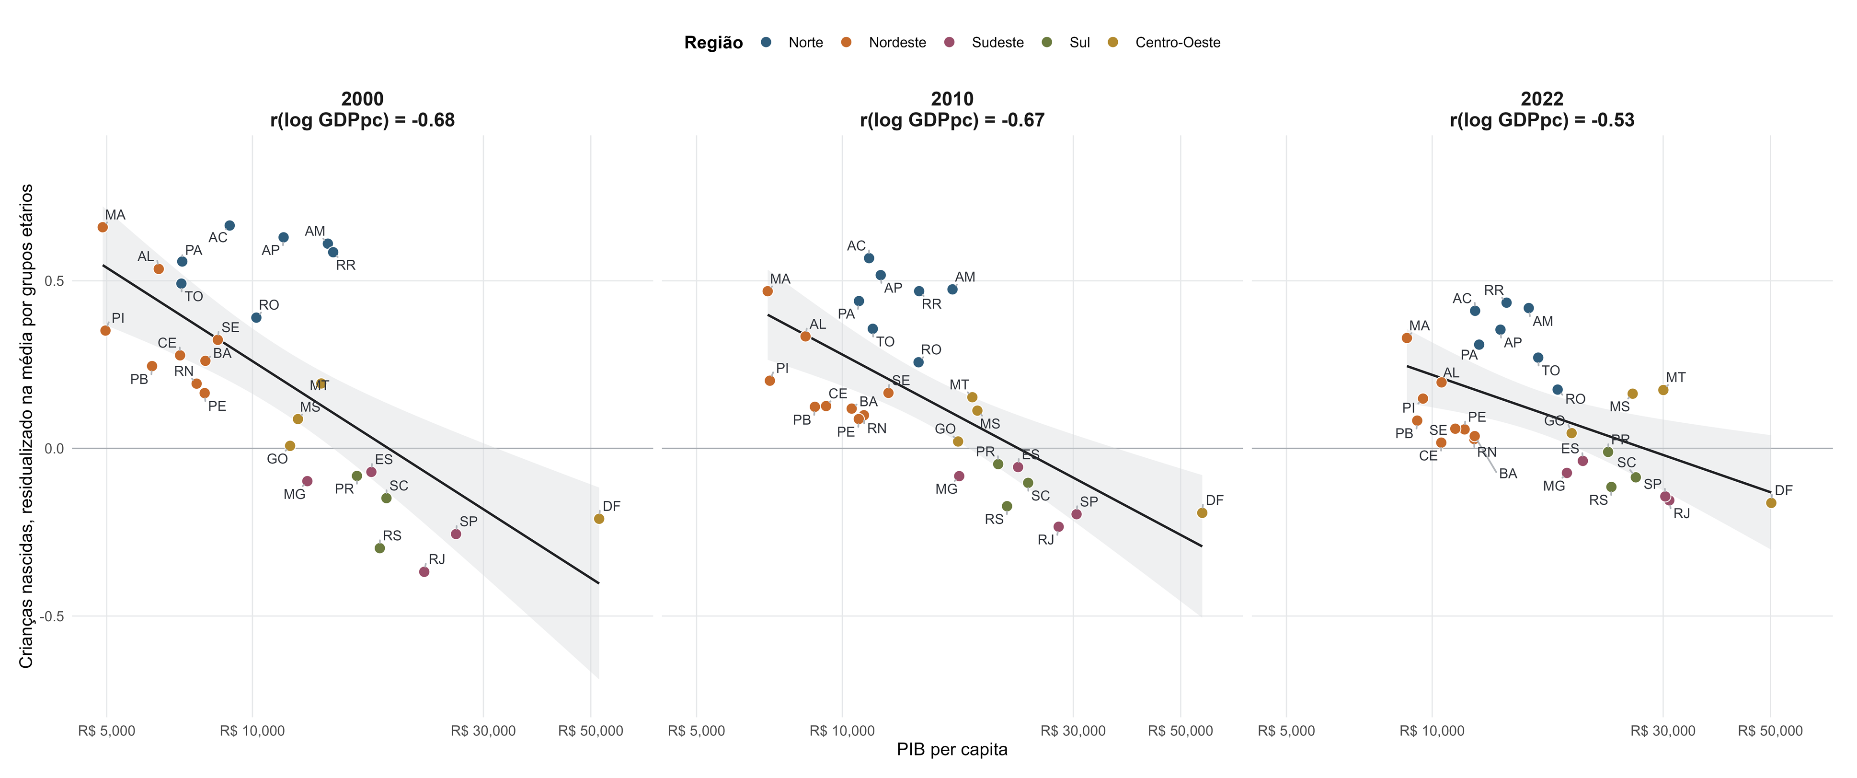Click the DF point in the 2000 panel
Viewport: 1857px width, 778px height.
click(599, 518)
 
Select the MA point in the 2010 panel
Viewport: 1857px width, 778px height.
click(768, 291)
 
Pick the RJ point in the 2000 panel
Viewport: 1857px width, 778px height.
click(424, 572)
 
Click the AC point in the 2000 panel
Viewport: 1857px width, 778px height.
click(229, 226)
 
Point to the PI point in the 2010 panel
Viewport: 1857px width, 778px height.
click(770, 381)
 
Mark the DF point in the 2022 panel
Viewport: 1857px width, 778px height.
click(1771, 502)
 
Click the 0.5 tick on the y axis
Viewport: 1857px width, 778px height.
click(54, 280)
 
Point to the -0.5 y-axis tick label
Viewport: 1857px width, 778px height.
click(52, 616)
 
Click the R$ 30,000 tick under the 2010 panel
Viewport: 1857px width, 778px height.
click(1073, 731)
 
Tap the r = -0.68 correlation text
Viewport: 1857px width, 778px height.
click(363, 120)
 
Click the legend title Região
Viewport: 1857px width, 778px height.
click(714, 43)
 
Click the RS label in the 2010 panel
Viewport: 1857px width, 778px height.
click(994, 519)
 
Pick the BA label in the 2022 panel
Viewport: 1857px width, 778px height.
click(1508, 474)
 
